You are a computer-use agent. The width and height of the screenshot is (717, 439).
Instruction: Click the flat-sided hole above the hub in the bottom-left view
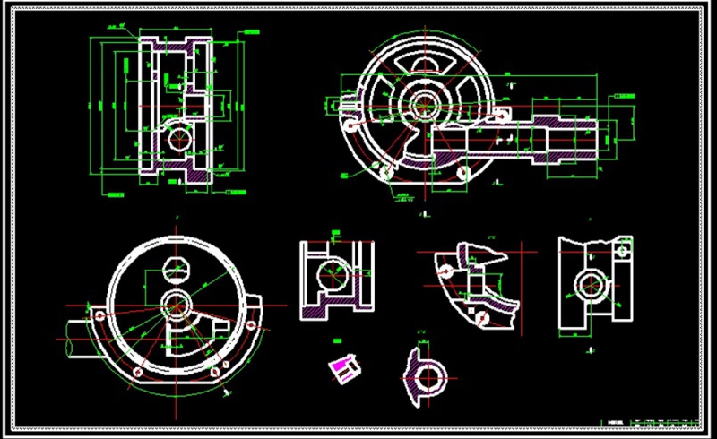(x=177, y=268)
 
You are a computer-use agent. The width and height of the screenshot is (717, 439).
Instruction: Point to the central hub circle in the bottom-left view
(x=175, y=303)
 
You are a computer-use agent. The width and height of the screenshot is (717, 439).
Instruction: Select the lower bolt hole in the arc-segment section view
(x=483, y=316)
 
